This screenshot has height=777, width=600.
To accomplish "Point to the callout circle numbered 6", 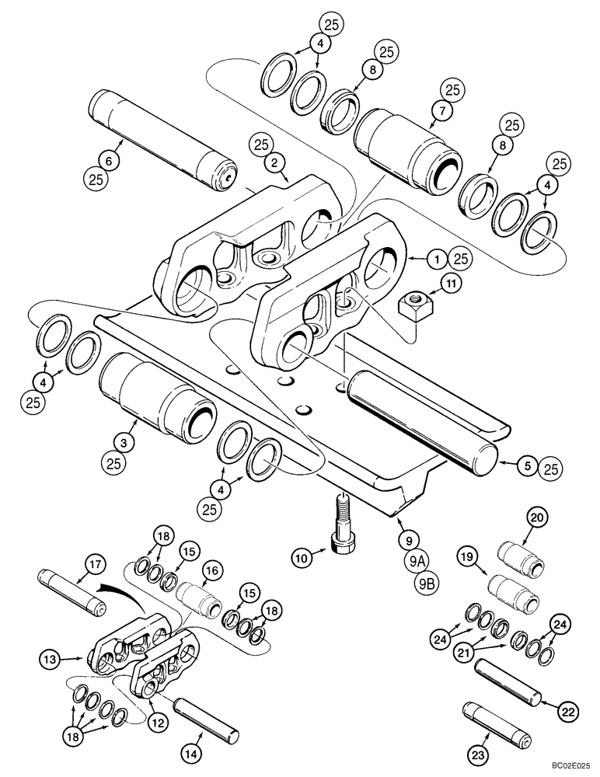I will [109, 161].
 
